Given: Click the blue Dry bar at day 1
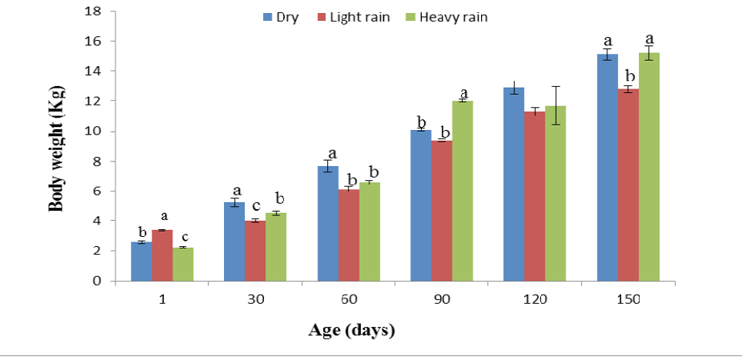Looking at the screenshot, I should pos(141,262).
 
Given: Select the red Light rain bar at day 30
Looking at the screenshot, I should pos(255,251).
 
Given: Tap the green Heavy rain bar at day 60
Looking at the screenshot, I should pos(369,232).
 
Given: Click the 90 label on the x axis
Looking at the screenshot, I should pos(441,300).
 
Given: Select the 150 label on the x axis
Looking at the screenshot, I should pos(628,300).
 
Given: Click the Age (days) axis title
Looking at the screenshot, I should pos(351,332).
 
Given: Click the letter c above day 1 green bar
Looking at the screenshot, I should pos(183,237).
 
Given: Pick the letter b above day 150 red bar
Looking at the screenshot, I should pos(628,76).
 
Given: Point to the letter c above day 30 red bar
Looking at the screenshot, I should pos(255,206).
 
